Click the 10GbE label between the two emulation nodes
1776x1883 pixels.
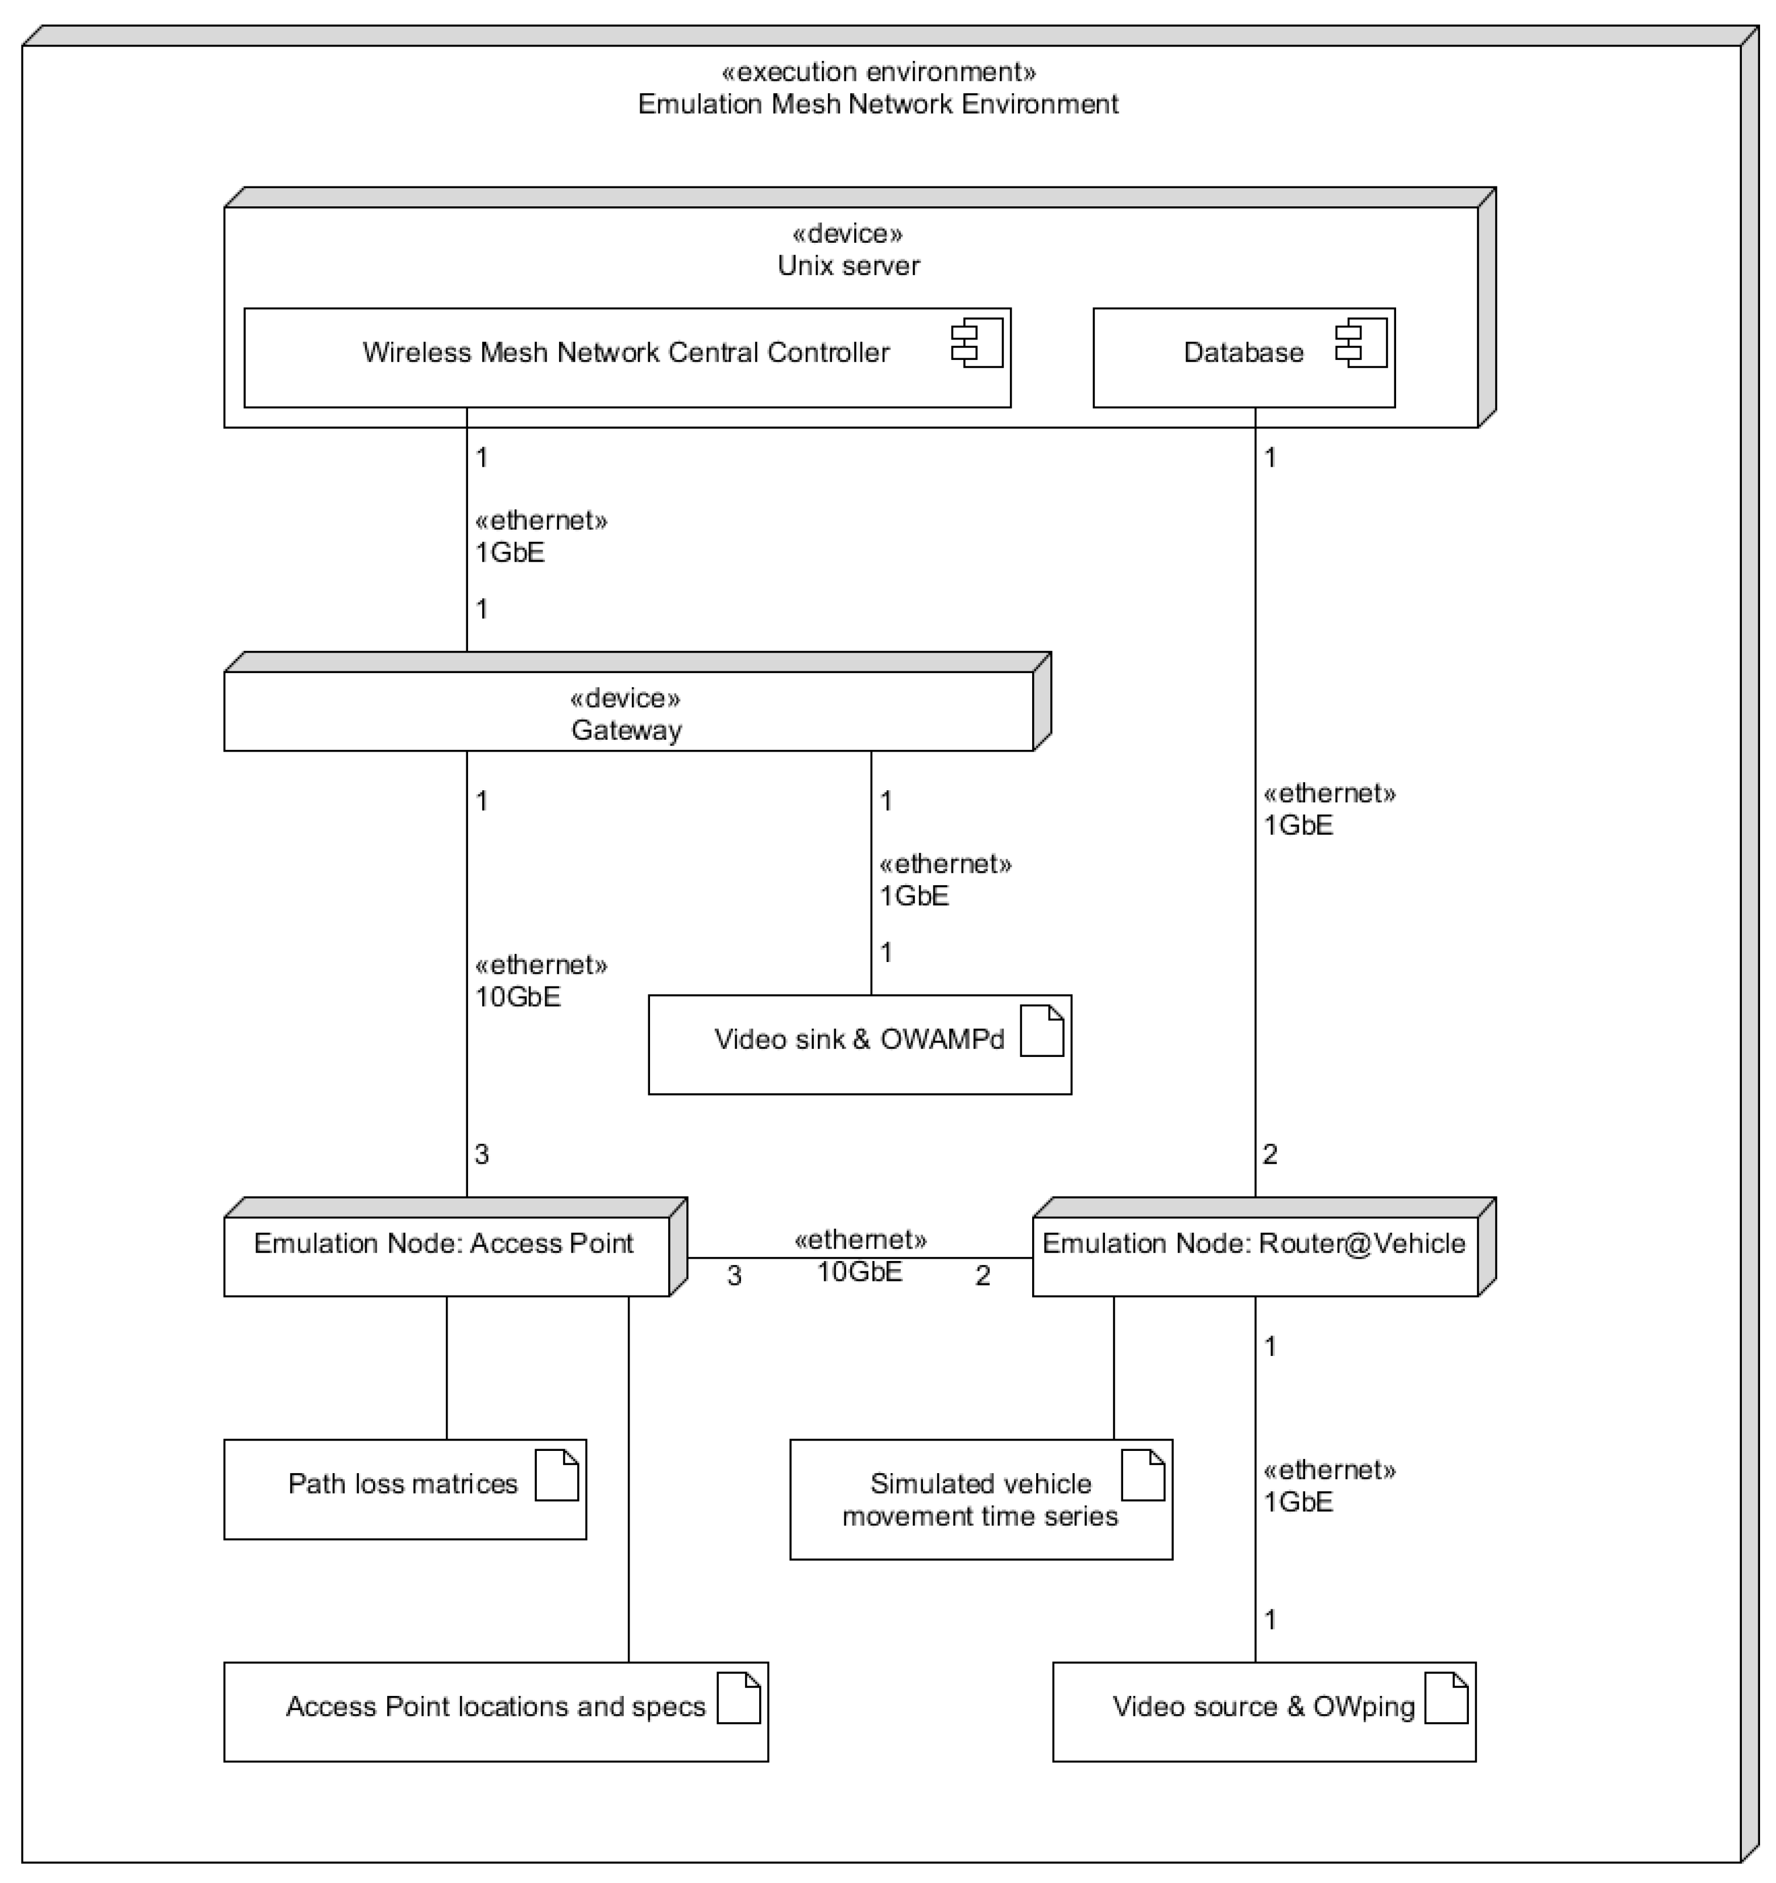[859, 1271]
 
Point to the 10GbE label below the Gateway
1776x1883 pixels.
[518, 997]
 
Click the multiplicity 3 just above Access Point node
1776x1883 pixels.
[481, 1154]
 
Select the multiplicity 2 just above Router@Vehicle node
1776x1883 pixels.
[1270, 1154]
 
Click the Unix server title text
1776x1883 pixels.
[848, 265]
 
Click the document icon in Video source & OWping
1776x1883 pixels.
[1446, 1697]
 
